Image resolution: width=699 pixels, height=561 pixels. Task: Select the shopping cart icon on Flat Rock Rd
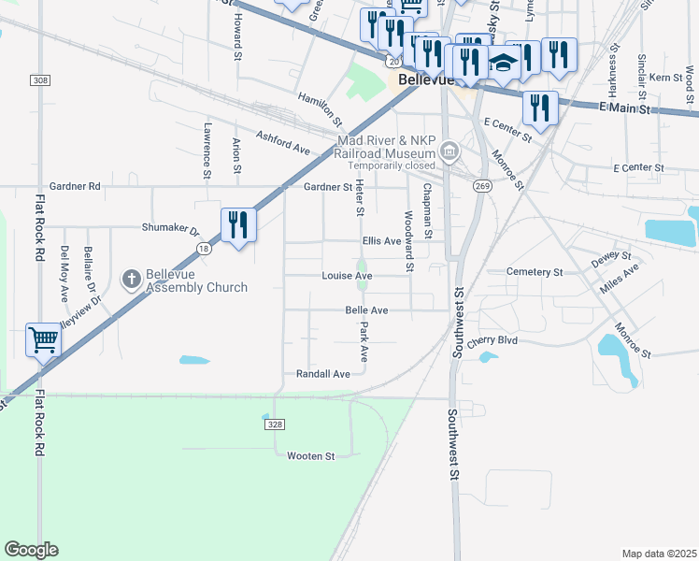click(x=43, y=340)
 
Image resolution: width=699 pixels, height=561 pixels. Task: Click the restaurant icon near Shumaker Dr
click(x=237, y=225)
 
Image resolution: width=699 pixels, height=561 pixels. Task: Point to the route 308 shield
click(x=40, y=80)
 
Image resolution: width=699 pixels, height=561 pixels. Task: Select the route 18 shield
click(x=204, y=249)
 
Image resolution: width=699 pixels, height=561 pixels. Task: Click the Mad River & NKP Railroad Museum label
click(x=387, y=147)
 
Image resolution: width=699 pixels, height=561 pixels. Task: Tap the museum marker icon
click(x=449, y=151)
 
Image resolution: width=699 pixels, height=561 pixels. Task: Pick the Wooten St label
click(x=310, y=455)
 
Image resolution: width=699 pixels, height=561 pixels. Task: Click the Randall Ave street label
click(x=322, y=373)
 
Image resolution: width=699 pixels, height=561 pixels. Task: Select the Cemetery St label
click(x=534, y=272)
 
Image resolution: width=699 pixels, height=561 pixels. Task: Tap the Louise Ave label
click(x=347, y=276)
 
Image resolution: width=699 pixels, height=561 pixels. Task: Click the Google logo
click(x=31, y=550)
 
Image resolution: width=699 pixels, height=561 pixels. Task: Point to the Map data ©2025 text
click(x=659, y=554)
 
